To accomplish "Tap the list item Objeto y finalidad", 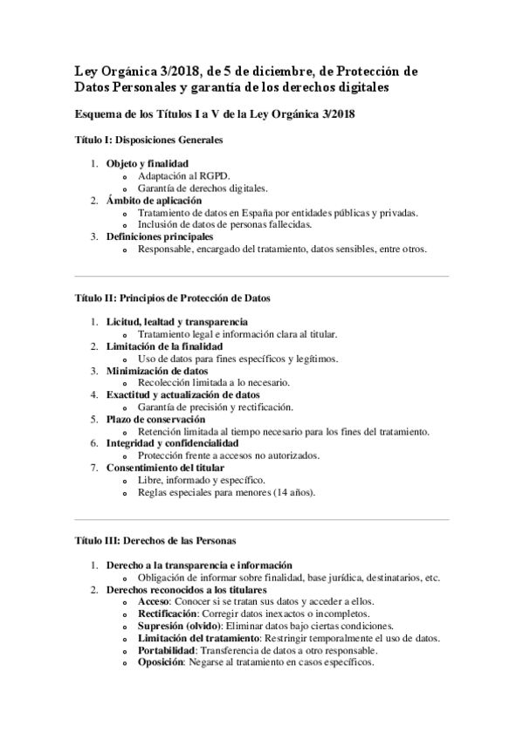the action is tap(147, 163).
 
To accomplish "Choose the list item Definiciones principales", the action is tap(160, 236).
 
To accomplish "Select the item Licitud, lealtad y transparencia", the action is tap(170, 322).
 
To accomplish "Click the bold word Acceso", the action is tap(154, 602).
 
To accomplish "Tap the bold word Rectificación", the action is tap(167, 614).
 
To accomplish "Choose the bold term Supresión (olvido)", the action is tap(179, 627).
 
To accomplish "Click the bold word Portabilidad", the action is tap(166, 651).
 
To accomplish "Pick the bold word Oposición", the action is tap(160, 663).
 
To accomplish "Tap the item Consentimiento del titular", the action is tap(163, 468).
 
